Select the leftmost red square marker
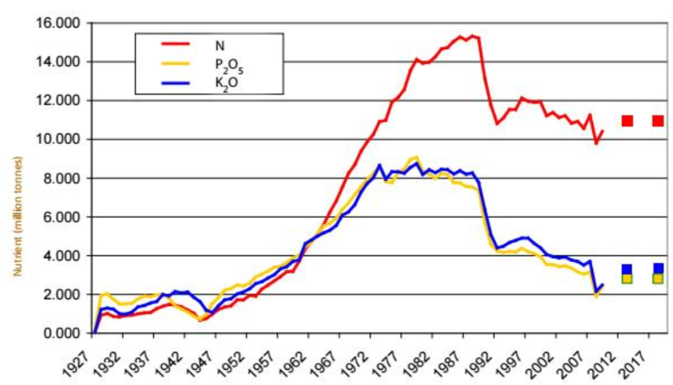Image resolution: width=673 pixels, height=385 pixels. pyautogui.click(x=627, y=121)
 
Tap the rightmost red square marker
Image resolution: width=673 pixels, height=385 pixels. pyautogui.click(x=658, y=121)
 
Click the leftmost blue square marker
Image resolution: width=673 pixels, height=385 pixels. pyautogui.click(x=627, y=269)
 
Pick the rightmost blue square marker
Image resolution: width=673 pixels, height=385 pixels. pyautogui.click(x=658, y=268)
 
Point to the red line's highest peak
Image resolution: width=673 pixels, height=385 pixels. pyautogui.click(x=472, y=36)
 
